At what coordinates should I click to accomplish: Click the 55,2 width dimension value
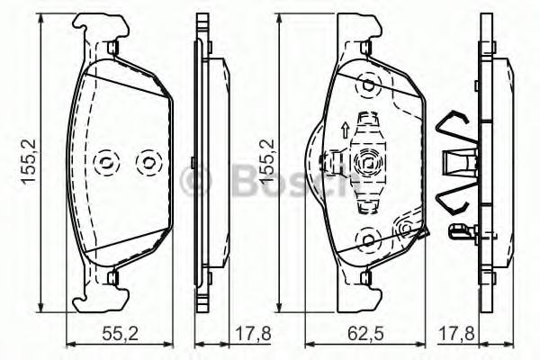[x=121, y=334]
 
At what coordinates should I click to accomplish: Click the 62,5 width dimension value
[x=365, y=334]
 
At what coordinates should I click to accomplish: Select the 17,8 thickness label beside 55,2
[x=253, y=334]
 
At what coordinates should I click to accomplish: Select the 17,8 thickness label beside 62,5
[x=456, y=334]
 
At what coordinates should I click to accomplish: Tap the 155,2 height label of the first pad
[x=30, y=161]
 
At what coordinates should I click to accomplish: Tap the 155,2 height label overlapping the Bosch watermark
[x=267, y=161]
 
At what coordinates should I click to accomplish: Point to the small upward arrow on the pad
[x=345, y=130]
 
